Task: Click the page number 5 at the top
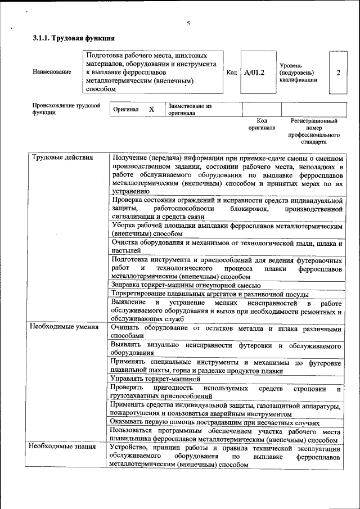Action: [188, 23]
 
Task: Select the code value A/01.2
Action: [254, 73]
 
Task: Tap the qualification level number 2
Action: [337, 73]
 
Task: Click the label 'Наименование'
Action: [52, 72]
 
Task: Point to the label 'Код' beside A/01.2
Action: [231, 73]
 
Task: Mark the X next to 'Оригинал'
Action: [151, 109]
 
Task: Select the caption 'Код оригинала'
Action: [262, 124]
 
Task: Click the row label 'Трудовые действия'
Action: [62, 157]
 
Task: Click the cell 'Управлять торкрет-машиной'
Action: [155, 379]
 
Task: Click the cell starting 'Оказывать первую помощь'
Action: [215, 422]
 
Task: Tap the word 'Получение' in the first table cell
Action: [132, 157]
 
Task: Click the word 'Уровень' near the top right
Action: [291, 65]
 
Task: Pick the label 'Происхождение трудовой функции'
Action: [66, 109]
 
